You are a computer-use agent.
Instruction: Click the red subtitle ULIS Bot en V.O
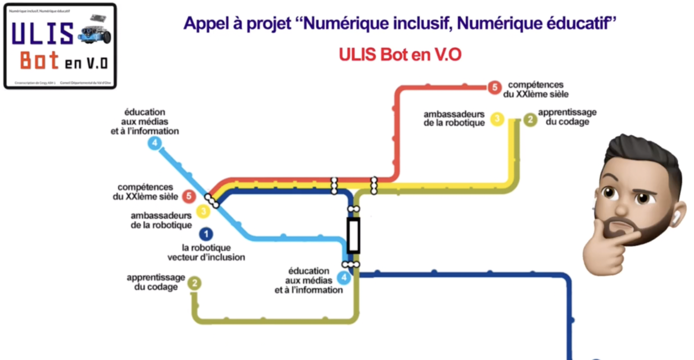(400, 55)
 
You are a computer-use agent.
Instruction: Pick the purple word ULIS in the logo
(42, 34)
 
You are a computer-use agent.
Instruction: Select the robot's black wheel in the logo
(106, 38)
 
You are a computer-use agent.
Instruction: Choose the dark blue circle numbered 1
(206, 234)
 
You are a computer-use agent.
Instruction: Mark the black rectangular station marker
(353, 235)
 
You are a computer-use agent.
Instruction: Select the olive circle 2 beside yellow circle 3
(530, 120)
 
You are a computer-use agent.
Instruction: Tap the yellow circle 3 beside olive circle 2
(497, 119)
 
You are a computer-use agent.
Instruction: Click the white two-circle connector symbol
(354, 209)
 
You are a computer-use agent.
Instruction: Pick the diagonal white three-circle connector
(212, 201)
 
